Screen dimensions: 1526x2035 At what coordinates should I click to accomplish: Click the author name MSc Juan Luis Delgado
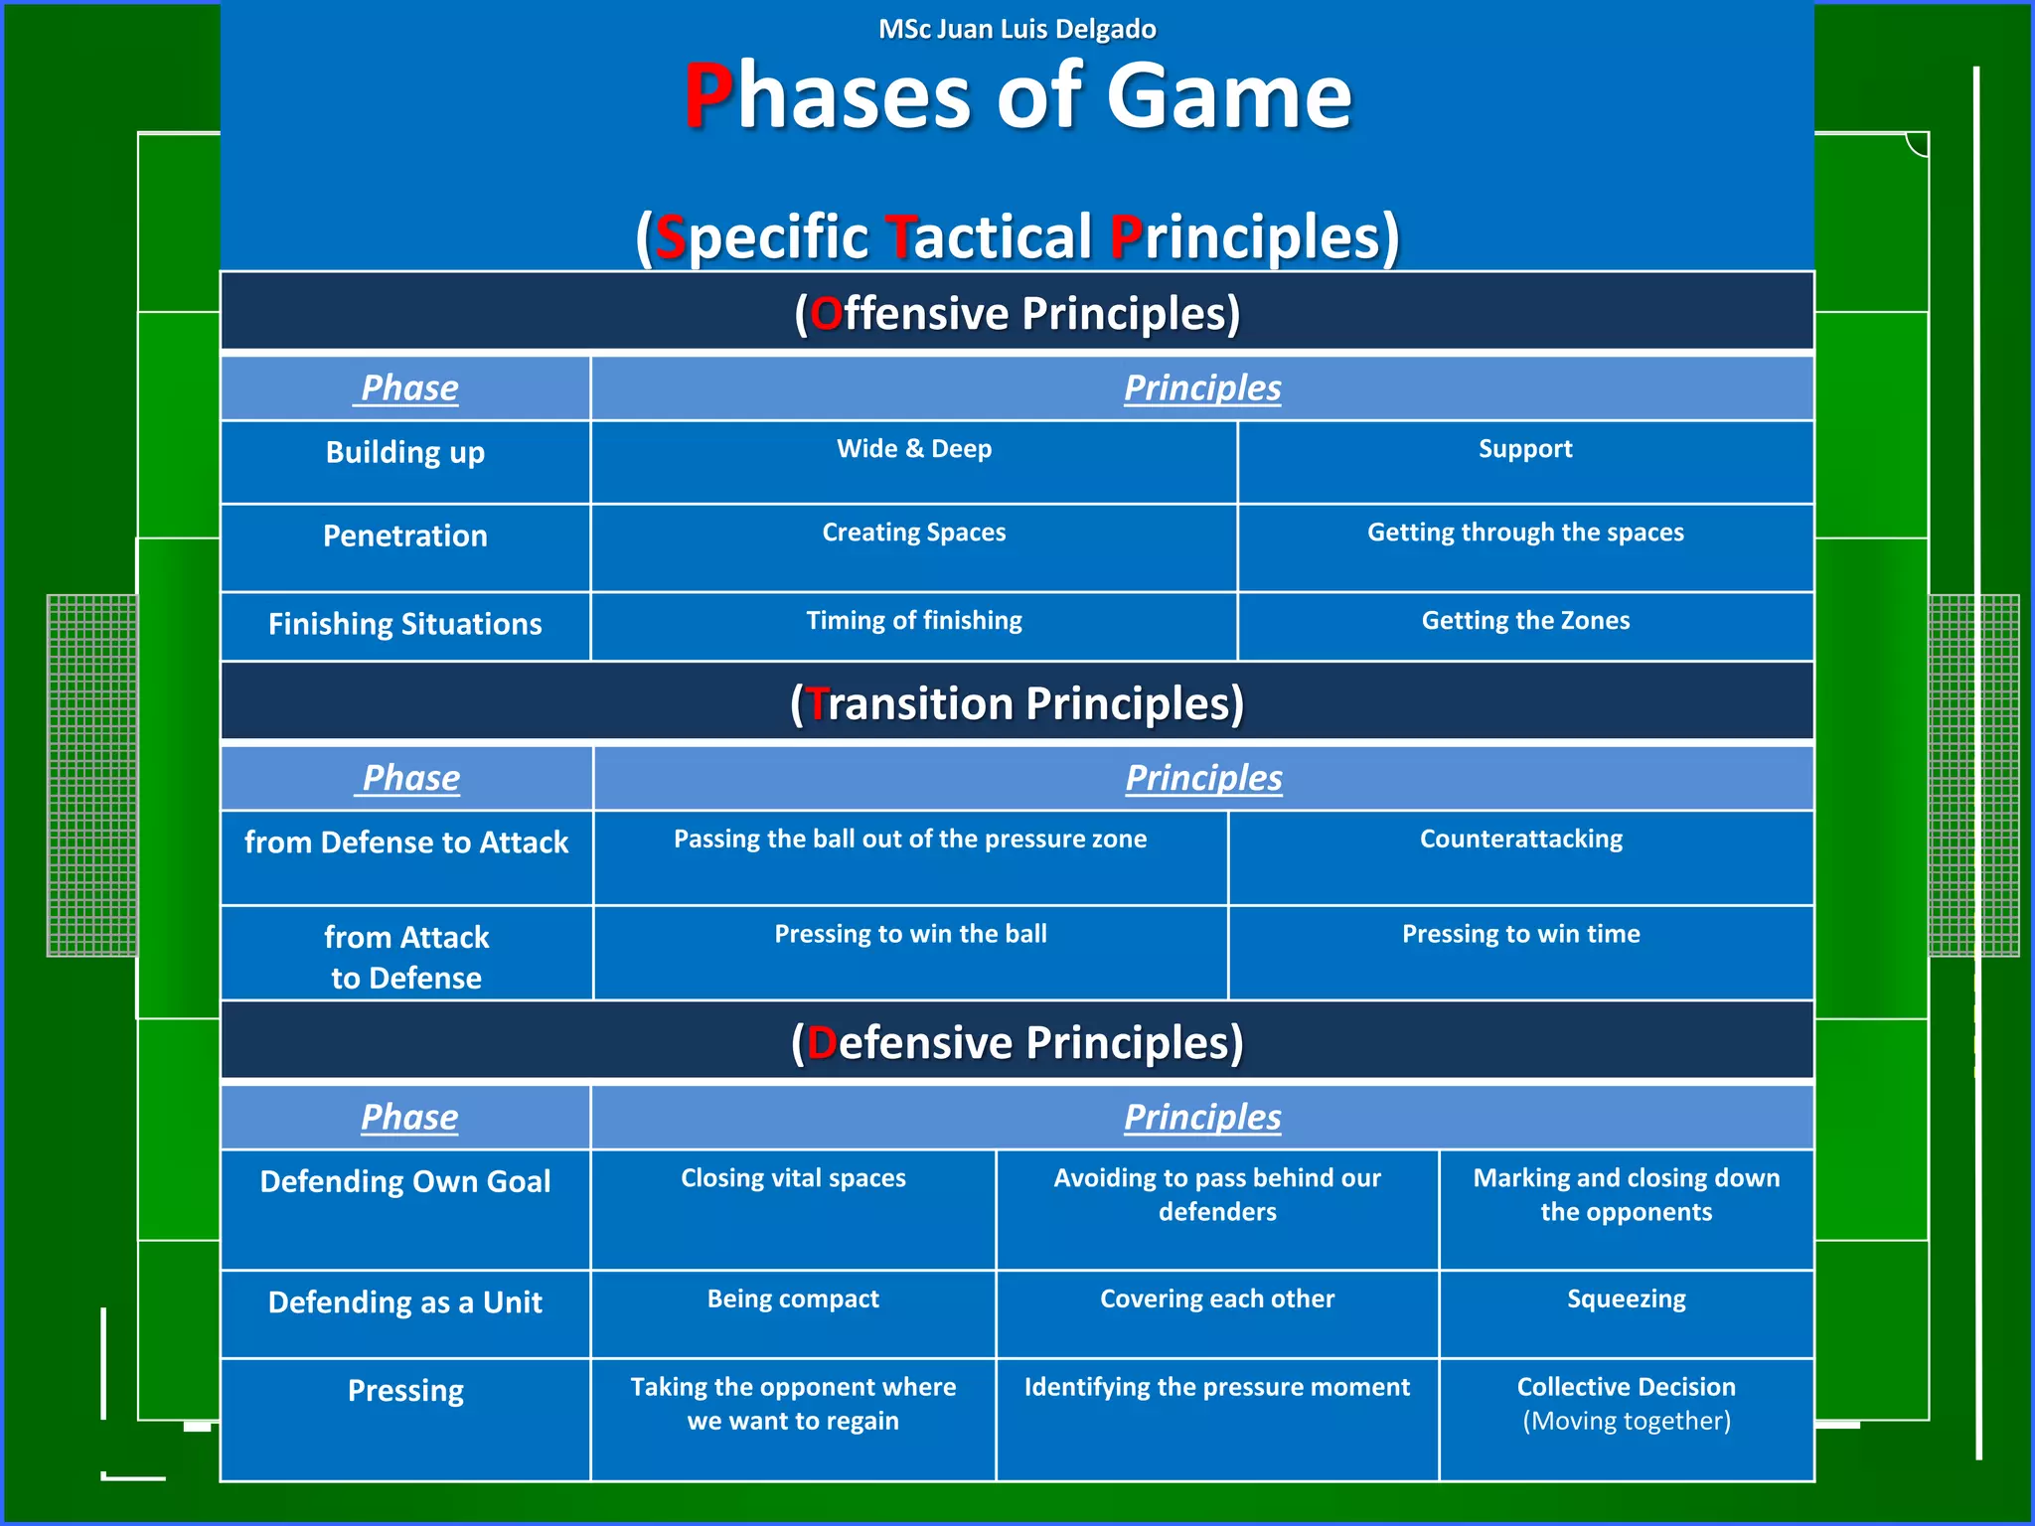pos(1017,29)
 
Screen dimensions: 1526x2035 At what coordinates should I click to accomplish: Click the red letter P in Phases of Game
pos(708,96)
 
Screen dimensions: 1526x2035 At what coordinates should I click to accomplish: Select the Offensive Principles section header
pos(1017,313)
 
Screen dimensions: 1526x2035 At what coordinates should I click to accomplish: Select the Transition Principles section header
pos(1017,703)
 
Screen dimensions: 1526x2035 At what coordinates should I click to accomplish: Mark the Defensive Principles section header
pos(1017,1042)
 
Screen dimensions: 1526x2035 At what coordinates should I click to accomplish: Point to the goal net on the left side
pos(92,775)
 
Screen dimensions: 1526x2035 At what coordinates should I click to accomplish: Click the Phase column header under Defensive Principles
pos(408,1118)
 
